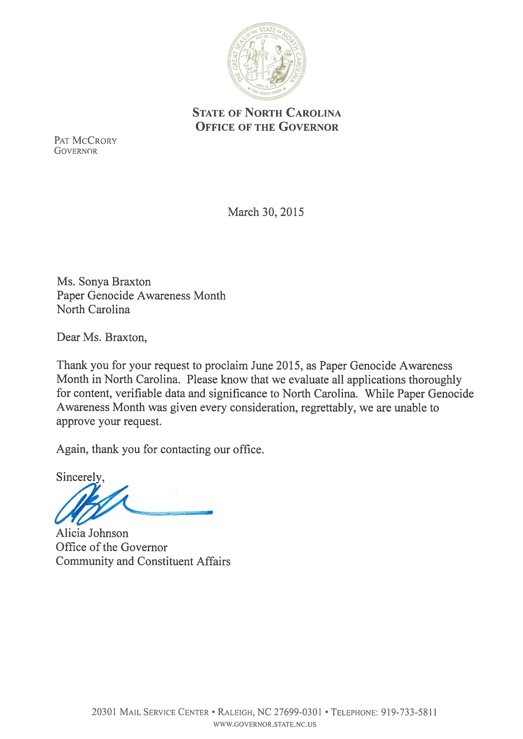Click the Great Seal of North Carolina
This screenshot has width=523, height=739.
tap(266, 61)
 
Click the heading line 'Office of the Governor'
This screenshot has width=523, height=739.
tap(267, 127)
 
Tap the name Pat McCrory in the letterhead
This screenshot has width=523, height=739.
tap(86, 140)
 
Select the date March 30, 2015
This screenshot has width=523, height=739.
tap(266, 212)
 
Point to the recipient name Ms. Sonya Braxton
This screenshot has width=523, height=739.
tap(104, 282)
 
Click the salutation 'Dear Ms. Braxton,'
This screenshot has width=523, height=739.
tap(102, 338)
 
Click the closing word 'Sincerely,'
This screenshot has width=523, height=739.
tap(80, 477)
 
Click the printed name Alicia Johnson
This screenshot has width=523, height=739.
tap(92, 533)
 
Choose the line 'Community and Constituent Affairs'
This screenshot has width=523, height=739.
tap(143, 562)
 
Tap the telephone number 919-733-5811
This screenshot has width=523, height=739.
tap(409, 712)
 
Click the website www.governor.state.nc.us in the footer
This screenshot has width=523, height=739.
tap(265, 724)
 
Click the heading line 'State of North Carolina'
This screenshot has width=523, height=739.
tap(267, 113)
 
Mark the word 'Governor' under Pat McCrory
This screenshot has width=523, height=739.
tap(76, 151)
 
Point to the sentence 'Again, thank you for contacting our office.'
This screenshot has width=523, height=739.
tap(160, 449)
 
